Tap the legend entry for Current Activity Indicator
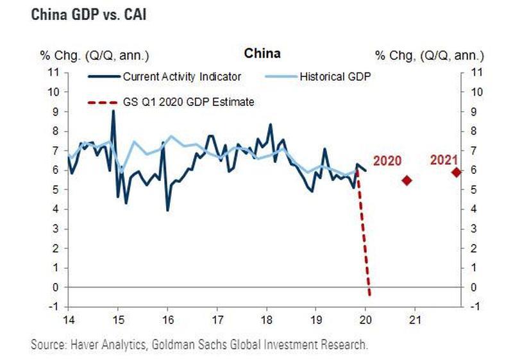pyautogui.click(x=181, y=76)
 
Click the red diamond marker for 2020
pyautogui.click(x=407, y=180)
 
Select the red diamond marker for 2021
pyautogui.click(x=456, y=172)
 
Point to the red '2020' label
pyautogui.click(x=387, y=162)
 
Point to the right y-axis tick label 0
pyautogui.click(x=473, y=287)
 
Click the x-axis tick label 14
pyautogui.click(x=67, y=320)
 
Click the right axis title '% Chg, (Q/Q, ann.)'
pyautogui.click(x=430, y=55)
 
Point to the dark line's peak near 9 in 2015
pyautogui.click(x=113, y=111)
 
